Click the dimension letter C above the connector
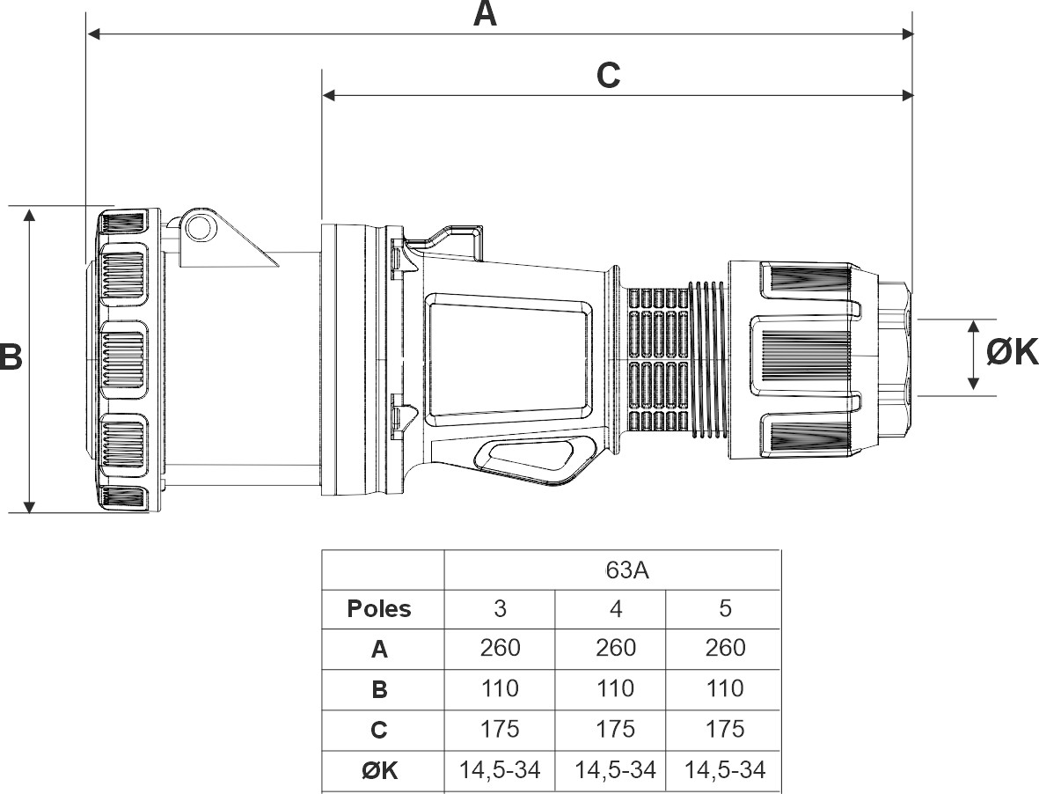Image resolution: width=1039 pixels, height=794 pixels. (608, 76)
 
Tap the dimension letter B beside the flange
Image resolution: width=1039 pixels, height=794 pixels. (11, 356)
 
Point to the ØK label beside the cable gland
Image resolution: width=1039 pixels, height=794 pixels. (1012, 352)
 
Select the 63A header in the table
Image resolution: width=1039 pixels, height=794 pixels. (627, 570)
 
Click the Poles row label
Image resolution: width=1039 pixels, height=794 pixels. (379, 608)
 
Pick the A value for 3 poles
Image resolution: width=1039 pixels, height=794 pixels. (501, 648)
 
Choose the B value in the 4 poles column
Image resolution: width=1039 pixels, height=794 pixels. (616, 688)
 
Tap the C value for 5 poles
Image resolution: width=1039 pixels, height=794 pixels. (725, 729)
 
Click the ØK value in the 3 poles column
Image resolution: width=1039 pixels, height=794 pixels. (501, 770)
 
